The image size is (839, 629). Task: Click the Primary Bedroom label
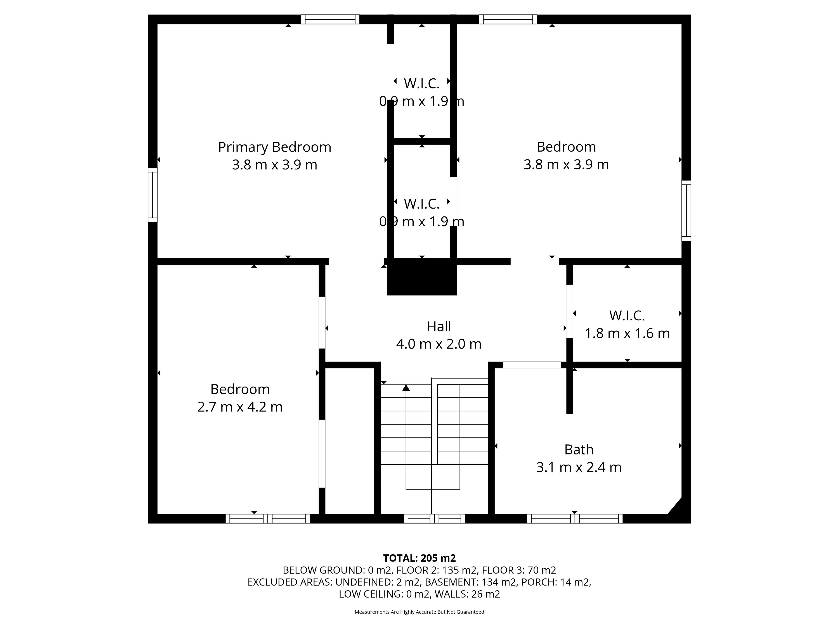tap(275, 147)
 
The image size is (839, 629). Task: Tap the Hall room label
tap(439, 327)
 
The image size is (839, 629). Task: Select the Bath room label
tap(579, 450)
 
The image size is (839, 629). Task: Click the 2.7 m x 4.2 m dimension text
tap(240, 407)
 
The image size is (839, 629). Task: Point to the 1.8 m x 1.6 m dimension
tap(627, 333)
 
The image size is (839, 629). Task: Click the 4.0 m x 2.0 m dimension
tap(439, 344)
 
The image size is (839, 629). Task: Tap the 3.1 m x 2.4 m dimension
tap(579, 467)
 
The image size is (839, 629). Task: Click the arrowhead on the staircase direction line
tap(406, 387)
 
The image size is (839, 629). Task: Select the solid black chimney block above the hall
tap(422, 277)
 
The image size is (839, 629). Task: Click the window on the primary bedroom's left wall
tap(153, 195)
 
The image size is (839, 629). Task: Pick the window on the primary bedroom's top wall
tap(330, 19)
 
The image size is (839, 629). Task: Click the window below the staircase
tap(434, 519)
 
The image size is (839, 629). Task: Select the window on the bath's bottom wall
tap(575, 519)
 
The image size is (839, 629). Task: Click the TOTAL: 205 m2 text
tap(419, 558)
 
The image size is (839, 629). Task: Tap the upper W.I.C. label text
tap(421, 83)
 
